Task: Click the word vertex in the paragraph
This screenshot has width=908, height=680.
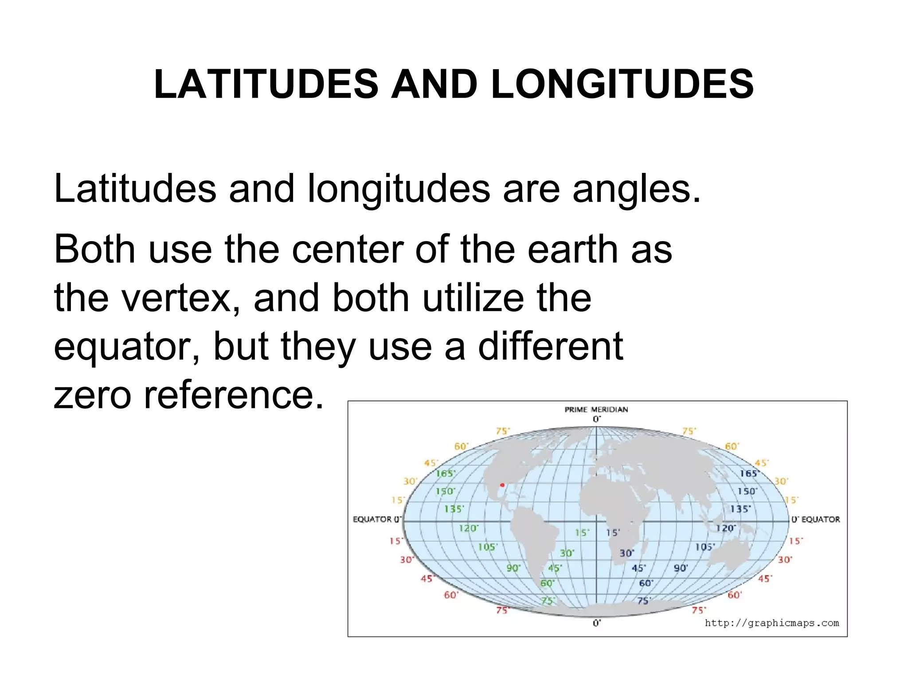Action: tap(177, 298)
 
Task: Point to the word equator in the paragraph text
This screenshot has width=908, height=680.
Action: tap(126, 347)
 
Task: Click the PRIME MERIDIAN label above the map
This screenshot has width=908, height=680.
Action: tap(596, 409)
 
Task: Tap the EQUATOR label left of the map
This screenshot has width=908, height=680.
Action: tap(372, 519)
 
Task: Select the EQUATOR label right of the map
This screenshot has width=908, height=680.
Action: tap(820, 519)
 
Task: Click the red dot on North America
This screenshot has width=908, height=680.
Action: tap(502, 485)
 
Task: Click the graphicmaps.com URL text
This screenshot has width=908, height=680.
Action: tap(771, 623)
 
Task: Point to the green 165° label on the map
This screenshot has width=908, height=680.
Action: tap(445, 473)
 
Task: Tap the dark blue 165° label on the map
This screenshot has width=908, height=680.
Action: tap(749, 473)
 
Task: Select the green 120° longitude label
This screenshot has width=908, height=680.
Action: tap(469, 528)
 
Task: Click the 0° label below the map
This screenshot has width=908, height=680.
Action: tap(597, 623)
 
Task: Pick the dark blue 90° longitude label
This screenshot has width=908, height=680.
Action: tap(681, 568)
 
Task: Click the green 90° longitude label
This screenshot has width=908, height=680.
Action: tap(513, 568)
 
